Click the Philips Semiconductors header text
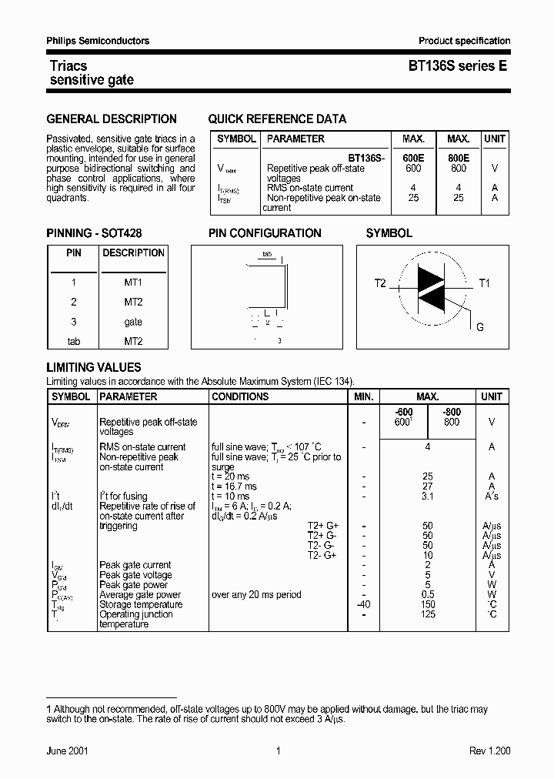point(98,41)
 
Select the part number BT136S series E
point(457,67)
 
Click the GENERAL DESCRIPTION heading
point(112,119)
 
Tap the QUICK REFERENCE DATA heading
point(277,119)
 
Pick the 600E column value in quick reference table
point(413,158)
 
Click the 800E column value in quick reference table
point(459,158)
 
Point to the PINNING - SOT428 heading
point(94,233)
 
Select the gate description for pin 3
point(133,322)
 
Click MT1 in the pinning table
point(133,283)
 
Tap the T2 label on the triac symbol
point(380,283)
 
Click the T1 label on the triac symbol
point(484,283)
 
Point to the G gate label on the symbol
point(480,327)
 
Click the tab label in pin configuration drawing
point(267,253)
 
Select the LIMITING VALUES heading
point(94,368)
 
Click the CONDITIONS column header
point(240,396)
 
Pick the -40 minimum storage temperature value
point(363,604)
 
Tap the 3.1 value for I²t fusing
point(428,496)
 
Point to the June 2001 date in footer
point(67,751)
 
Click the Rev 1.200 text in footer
point(489,751)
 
